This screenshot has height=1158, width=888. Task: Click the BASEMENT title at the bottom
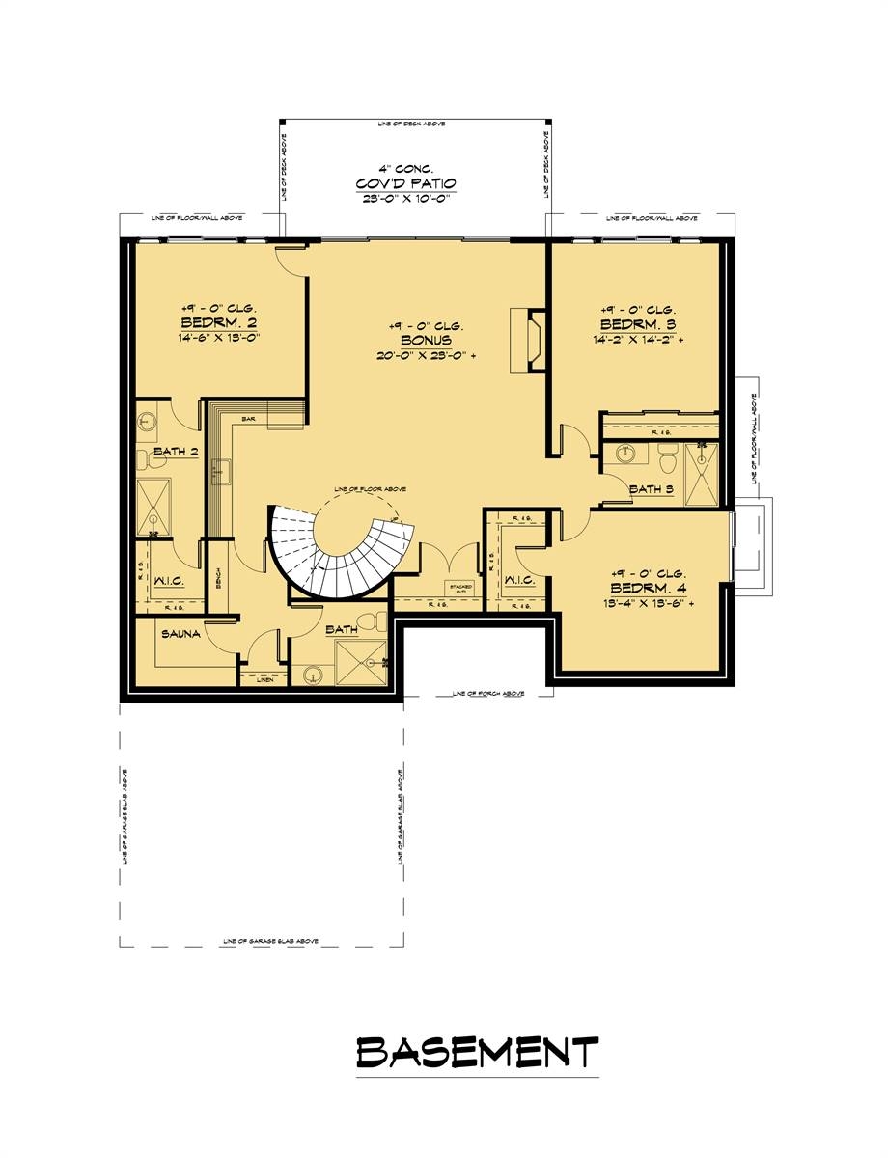(x=477, y=1052)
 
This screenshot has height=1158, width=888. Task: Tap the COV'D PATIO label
(x=405, y=183)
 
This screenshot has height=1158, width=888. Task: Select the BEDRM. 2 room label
(x=217, y=322)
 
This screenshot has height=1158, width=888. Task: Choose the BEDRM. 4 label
(x=646, y=588)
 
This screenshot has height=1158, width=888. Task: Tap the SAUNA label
(x=181, y=634)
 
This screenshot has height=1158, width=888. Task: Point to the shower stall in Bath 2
(x=152, y=500)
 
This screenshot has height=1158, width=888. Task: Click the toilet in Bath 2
(x=145, y=455)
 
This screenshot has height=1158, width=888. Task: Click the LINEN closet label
(x=264, y=680)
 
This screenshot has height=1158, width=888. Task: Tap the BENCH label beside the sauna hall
(x=220, y=579)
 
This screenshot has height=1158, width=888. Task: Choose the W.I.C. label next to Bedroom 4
(x=518, y=580)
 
